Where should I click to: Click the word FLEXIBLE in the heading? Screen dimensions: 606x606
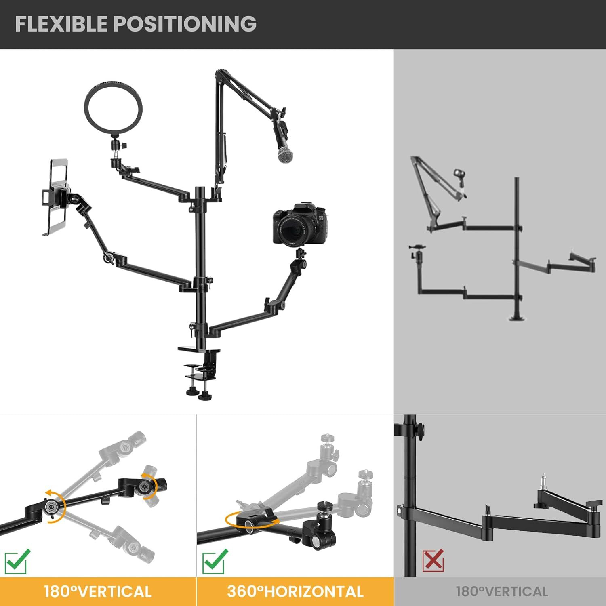(62, 24)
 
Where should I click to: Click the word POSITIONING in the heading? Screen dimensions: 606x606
(185, 24)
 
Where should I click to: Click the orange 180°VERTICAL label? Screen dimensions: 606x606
(98, 591)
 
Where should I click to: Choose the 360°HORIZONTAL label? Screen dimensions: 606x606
(295, 591)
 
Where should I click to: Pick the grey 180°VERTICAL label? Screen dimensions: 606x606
(502, 591)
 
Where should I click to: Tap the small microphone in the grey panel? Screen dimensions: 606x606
(459, 178)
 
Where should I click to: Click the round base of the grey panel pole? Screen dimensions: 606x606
(517, 318)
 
